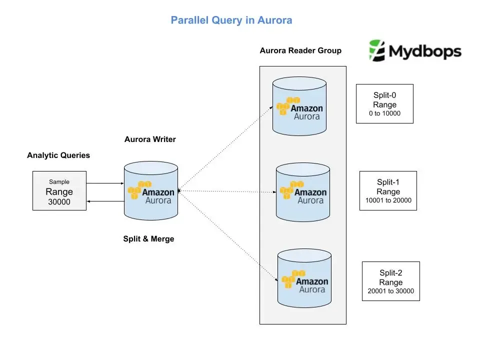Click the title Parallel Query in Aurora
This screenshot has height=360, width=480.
point(231,20)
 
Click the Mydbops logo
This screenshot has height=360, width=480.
point(414,51)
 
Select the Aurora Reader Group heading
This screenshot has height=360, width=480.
point(300,50)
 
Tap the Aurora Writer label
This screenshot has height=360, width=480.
point(150,139)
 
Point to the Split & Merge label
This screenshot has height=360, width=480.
point(148,239)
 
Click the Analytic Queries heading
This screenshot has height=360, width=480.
point(58,155)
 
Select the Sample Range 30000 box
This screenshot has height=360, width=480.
point(59,190)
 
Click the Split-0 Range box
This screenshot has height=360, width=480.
point(384,103)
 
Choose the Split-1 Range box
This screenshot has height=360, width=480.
point(388,190)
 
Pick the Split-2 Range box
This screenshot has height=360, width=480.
point(390,281)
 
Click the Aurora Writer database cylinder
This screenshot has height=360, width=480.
point(151,189)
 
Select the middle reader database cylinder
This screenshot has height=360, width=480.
point(303,192)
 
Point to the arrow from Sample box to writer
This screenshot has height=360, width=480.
point(104,183)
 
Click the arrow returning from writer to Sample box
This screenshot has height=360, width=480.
point(104,200)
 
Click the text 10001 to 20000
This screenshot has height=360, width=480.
point(388,200)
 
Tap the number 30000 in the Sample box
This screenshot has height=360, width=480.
point(59,202)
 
